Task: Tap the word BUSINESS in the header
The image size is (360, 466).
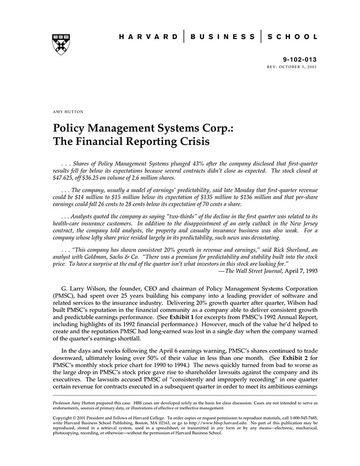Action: click(x=222, y=37)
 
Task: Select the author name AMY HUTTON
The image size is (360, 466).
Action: click(x=68, y=112)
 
